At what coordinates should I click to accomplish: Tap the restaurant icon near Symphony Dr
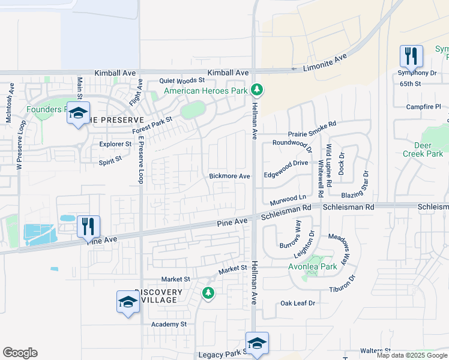[411, 57]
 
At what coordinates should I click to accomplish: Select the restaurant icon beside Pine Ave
[88, 227]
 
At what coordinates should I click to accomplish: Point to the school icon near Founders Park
[78, 113]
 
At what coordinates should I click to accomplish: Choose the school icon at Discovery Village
[128, 302]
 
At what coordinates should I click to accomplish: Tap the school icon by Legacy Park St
[257, 344]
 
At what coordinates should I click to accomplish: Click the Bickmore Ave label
[229, 176]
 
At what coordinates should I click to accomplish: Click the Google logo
[20, 353]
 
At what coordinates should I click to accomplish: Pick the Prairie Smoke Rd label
[312, 124]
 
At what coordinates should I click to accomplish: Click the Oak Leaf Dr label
[298, 303]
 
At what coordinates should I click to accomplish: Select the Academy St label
[169, 325]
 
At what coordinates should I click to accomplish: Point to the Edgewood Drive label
[286, 163]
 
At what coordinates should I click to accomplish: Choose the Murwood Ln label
[288, 199]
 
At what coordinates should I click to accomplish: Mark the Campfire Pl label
[423, 107]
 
